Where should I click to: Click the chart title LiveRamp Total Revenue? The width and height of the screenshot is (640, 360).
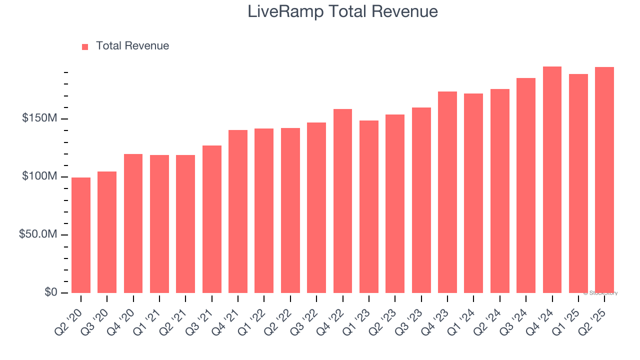pyautogui.click(x=342, y=11)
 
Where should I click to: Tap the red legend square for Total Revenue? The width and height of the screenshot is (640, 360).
pyautogui.click(x=85, y=46)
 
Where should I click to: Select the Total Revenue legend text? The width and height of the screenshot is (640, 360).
pyautogui.click(x=132, y=46)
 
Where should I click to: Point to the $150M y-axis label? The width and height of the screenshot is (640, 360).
pyautogui.click(x=39, y=118)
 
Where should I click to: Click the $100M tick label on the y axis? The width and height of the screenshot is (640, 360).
pyautogui.click(x=39, y=176)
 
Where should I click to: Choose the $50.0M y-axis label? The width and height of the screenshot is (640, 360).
pyautogui.click(x=38, y=234)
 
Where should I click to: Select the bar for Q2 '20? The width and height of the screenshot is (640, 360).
pyautogui.click(x=81, y=235)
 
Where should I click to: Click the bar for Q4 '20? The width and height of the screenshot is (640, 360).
pyautogui.click(x=133, y=223)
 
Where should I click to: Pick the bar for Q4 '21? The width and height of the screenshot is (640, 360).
pyautogui.click(x=238, y=211)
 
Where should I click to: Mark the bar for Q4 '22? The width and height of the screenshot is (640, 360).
pyautogui.click(x=342, y=200)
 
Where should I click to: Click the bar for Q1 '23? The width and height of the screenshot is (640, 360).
pyautogui.click(x=369, y=206)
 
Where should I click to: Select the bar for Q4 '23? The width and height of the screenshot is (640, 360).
pyautogui.click(x=447, y=192)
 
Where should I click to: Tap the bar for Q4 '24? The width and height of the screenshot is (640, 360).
pyautogui.click(x=552, y=179)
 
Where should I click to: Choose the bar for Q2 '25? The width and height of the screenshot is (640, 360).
pyautogui.click(x=604, y=179)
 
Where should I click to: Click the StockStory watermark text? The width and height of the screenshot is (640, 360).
pyautogui.click(x=600, y=293)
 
